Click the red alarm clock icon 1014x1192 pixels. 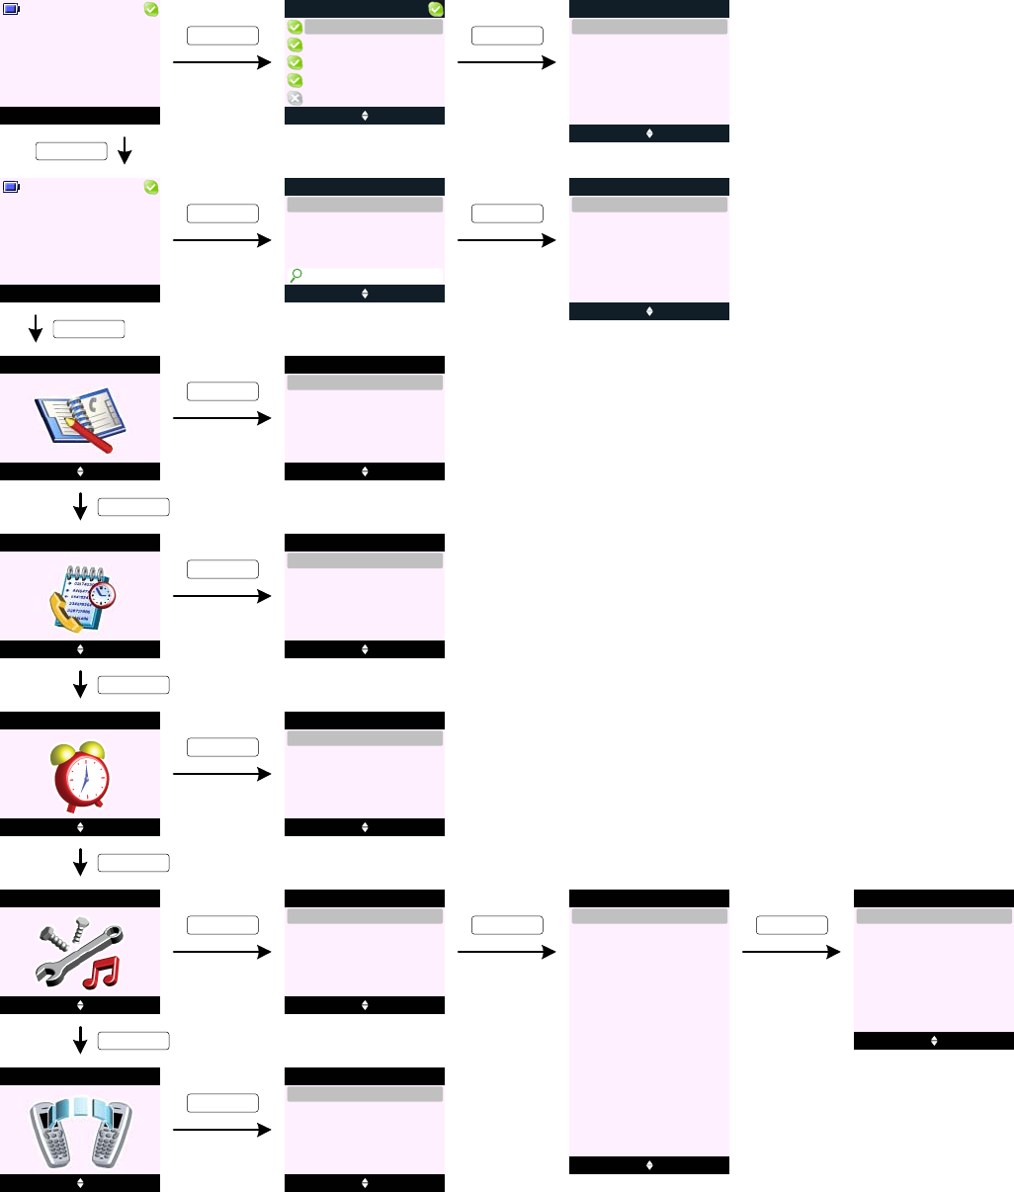83,776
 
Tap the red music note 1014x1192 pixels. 100,972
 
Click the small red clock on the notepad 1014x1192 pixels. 101,594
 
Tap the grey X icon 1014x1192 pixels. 295,98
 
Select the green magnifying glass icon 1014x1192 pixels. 296,277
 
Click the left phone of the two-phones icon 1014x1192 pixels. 48,1135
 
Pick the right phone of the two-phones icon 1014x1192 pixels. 110,1135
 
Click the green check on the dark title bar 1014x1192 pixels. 436,9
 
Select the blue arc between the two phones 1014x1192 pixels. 80,1108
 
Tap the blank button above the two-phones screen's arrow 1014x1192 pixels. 222,1103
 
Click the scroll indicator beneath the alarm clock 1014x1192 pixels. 80,827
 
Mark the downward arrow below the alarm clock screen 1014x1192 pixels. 80,862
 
